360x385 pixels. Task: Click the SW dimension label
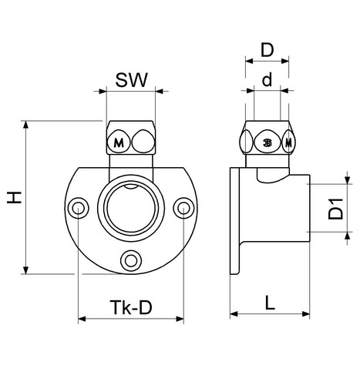point(131,80)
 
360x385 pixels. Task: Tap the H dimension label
point(14,197)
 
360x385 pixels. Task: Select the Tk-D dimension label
point(131,307)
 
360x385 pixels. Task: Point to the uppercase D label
point(267,50)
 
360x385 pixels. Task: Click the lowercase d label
point(267,79)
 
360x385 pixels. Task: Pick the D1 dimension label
point(335,209)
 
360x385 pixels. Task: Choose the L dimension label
point(270,303)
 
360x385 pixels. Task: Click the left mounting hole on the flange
point(78,208)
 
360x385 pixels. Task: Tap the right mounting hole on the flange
point(183,208)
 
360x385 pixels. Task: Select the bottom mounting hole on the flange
point(131,261)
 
